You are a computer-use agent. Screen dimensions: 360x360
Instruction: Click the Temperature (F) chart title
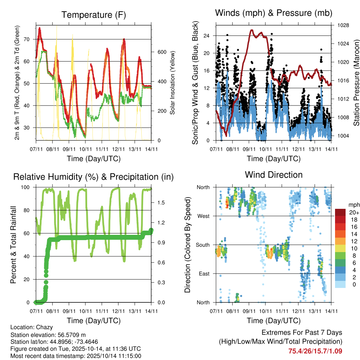94,15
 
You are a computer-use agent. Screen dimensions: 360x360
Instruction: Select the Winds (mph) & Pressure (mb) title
274,13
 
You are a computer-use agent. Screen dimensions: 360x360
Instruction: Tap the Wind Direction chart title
274,175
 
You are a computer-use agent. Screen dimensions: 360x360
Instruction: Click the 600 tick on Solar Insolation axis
161,52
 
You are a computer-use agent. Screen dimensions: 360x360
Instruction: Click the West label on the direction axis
204,216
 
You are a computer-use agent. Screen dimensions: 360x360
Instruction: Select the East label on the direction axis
204,274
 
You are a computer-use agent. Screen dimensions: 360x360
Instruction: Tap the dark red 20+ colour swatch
340,212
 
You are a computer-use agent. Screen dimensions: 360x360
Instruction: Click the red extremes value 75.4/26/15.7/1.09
315,351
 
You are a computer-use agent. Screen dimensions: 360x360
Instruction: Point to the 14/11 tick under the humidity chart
152,311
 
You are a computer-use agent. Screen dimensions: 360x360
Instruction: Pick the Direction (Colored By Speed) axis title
188,245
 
